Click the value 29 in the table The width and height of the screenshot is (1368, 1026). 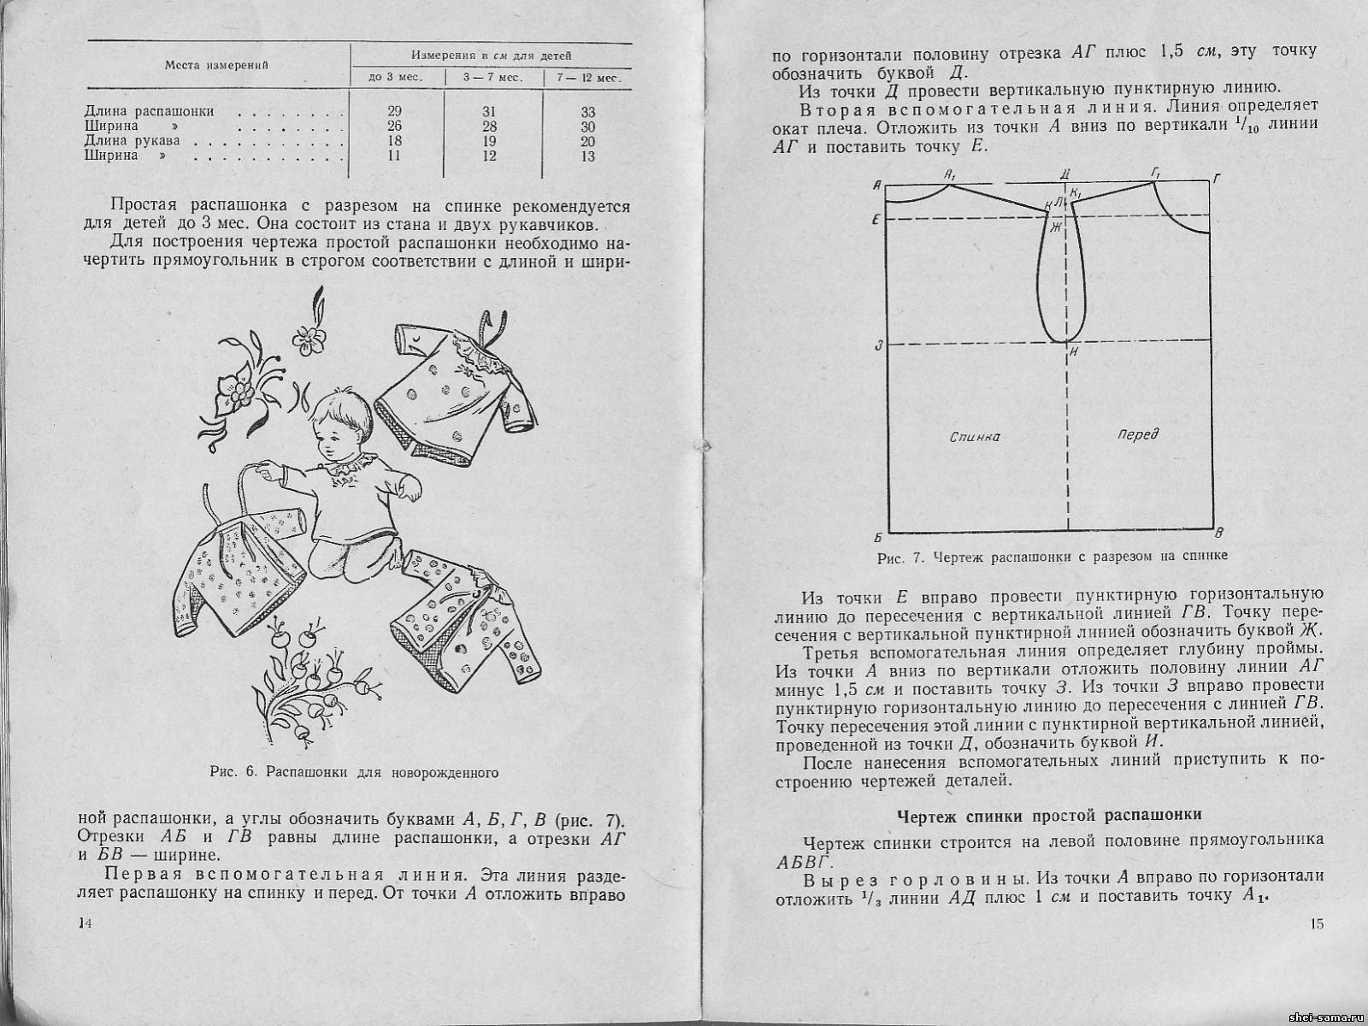pos(394,111)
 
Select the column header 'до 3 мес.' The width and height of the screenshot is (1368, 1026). pos(396,78)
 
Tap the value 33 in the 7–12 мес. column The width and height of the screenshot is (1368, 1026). pos(587,112)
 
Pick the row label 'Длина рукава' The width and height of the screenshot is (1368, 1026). pos(133,140)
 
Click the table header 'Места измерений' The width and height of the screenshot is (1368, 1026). pos(216,65)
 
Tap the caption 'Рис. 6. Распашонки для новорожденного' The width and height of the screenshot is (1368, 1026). pos(354,772)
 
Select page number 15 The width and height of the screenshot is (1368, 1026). pos(1317,924)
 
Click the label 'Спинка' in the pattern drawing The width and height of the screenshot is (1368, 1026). pos(975,437)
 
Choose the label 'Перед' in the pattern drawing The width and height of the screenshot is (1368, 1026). pos(1138,434)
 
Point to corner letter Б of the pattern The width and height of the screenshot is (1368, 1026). pos(878,537)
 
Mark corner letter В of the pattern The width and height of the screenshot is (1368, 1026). pos(1220,534)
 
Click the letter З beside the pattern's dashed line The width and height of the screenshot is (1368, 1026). pos(878,345)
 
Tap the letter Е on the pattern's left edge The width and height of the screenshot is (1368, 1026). pos(877,219)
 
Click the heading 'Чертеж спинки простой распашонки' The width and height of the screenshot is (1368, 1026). pos(1049,815)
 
